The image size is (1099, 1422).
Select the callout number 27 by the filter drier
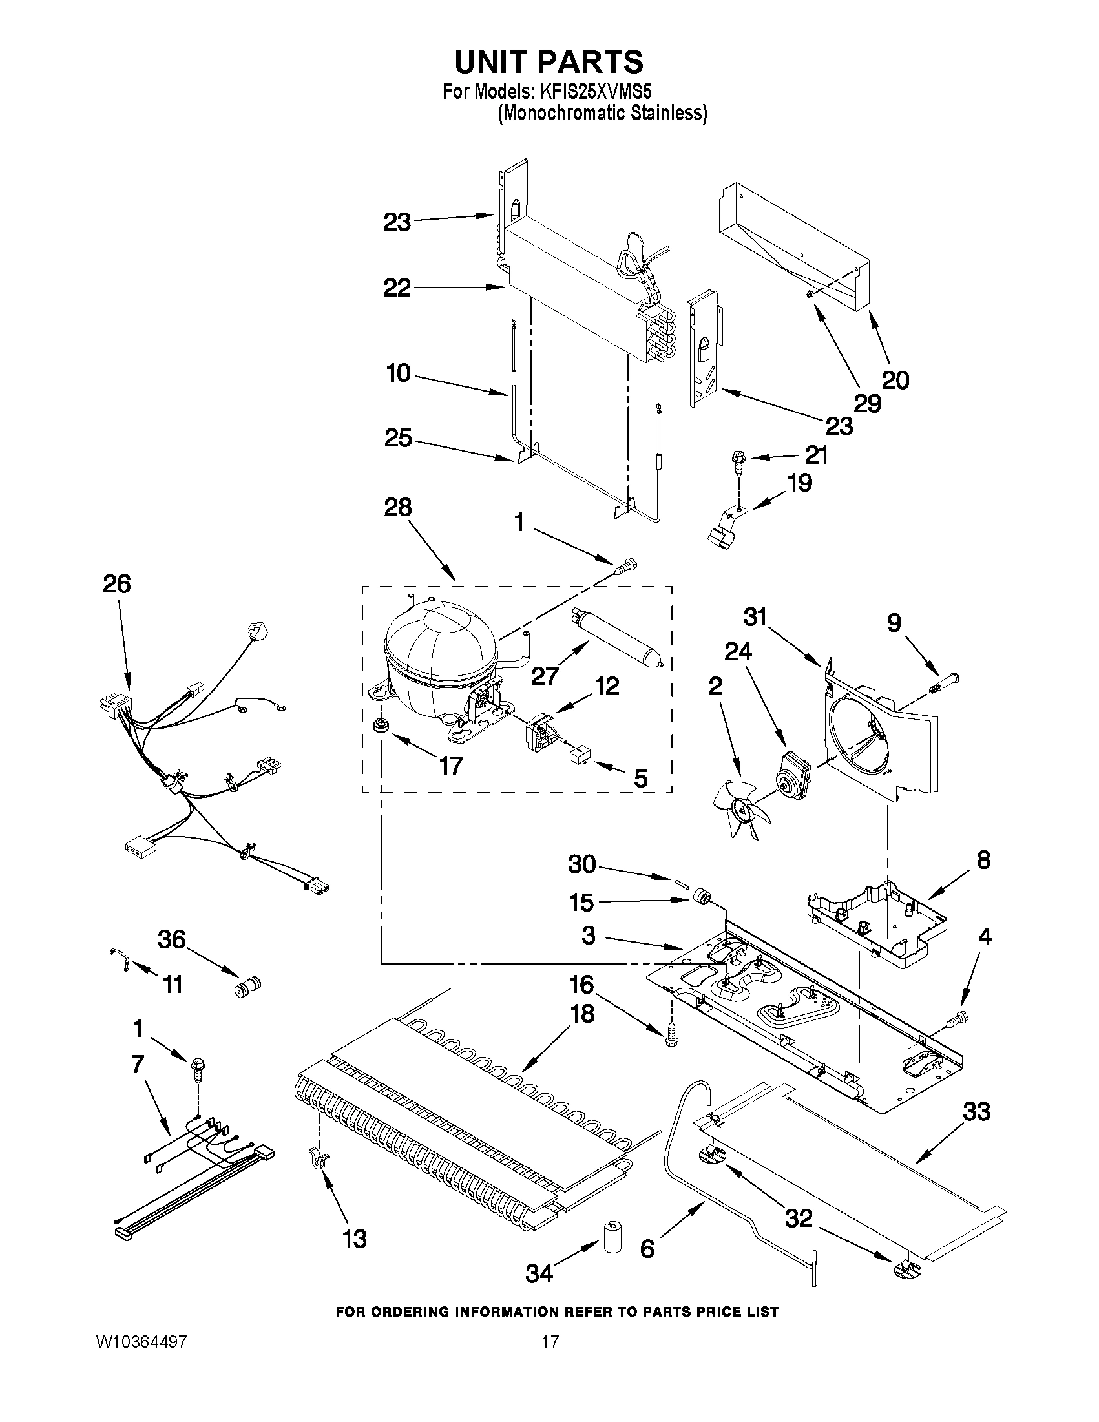(x=544, y=677)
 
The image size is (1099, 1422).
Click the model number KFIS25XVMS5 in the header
(x=596, y=92)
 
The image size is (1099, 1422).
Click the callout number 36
(x=172, y=939)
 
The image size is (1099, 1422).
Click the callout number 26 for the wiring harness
(x=117, y=584)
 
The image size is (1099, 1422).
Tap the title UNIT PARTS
(x=549, y=62)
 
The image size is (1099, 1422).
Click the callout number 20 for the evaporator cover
(x=895, y=380)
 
